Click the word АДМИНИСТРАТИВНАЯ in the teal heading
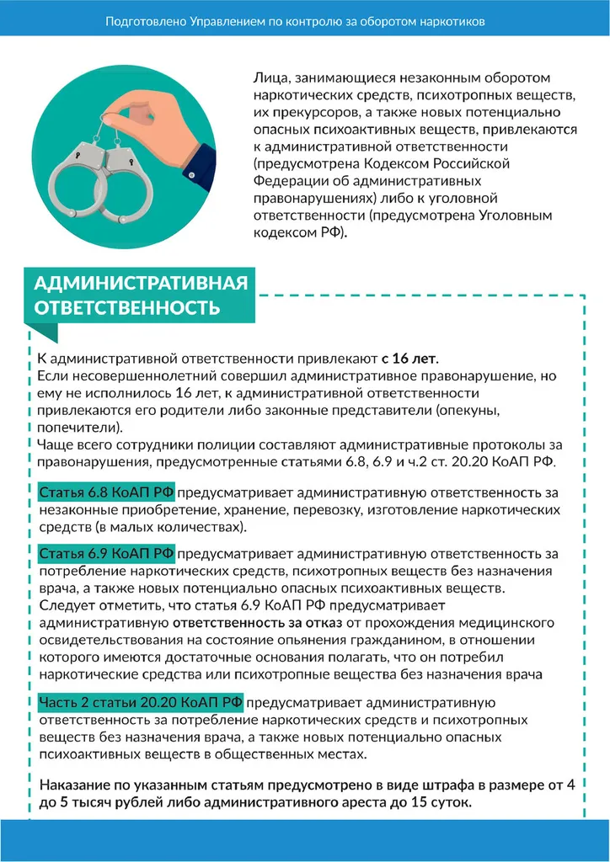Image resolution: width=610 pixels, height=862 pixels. [141, 282]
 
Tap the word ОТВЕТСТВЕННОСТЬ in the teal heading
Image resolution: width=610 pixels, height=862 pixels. [126, 307]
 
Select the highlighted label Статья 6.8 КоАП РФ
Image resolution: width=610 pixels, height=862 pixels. [106, 492]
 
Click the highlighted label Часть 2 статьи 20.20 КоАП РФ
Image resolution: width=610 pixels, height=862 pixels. [141, 703]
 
